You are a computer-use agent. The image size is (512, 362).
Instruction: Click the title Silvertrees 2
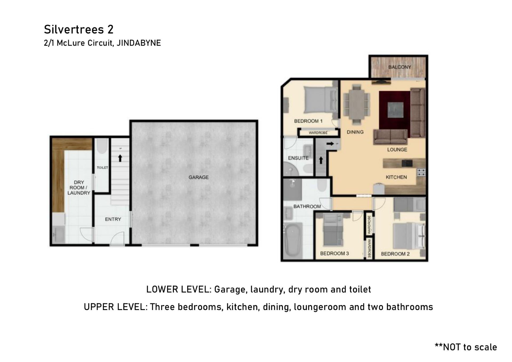tap(79, 29)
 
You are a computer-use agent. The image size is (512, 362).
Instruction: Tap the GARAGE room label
tap(198, 177)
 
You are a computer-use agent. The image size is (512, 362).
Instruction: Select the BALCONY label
tap(399, 67)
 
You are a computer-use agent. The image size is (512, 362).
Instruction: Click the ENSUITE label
tap(298, 158)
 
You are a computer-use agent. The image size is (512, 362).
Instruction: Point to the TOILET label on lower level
tap(102, 168)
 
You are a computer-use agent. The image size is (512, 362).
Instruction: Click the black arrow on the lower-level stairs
tap(120, 158)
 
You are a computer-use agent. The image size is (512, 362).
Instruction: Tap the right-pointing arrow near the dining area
tap(330, 144)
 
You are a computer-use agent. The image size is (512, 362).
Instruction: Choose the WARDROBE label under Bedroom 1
tap(318, 132)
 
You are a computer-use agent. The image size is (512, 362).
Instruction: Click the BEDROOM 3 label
tap(334, 254)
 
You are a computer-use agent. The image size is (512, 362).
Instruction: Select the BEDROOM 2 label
tap(395, 254)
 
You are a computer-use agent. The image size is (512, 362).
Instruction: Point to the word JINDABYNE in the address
tap(139, 43)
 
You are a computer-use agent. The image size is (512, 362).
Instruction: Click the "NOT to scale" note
tap(466, 347)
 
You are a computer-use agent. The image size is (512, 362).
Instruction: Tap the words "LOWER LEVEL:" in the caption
tap(179, 289)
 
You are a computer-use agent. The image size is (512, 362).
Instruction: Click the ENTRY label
tap(113, 219)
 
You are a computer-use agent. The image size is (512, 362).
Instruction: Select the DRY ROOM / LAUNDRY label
tap(79, 188)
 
